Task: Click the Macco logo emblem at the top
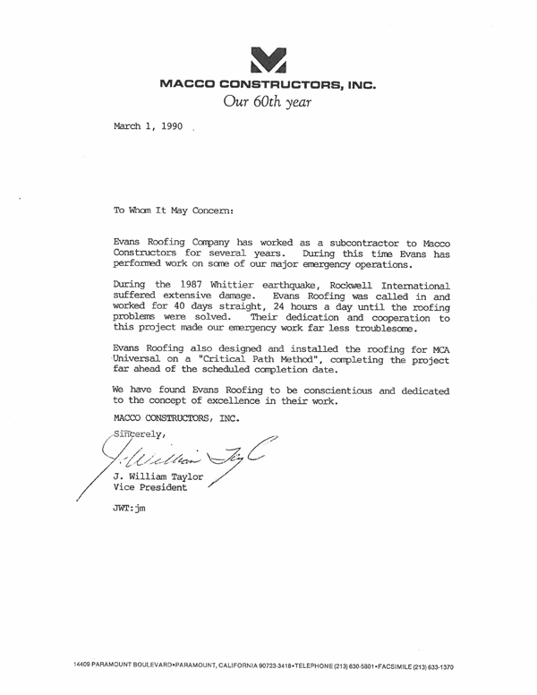[x=268, y=57]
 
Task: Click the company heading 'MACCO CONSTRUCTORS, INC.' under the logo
[x=268, y=86]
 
